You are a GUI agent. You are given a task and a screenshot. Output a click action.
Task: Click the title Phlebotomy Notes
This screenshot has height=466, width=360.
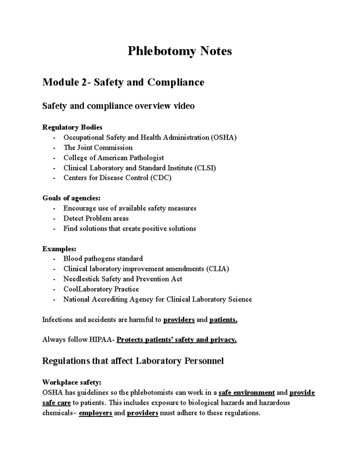(x=180, y=51)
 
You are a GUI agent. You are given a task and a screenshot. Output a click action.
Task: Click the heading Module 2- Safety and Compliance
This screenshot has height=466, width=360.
(x=123, y=82)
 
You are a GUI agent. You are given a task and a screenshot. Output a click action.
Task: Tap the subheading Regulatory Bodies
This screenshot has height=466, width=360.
(x=72, y=128)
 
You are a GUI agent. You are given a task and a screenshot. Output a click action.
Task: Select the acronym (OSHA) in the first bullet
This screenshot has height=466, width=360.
(x=223, y=138)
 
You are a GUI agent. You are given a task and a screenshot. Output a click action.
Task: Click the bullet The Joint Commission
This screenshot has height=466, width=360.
(x=98, y=148)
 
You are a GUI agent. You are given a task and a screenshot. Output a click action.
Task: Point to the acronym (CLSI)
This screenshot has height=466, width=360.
(x=205, y=168)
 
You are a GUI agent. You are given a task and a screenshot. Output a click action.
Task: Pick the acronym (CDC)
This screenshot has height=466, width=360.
(x=161, y=178)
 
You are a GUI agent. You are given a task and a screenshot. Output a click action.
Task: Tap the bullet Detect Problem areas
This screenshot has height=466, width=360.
(x=96, y=218)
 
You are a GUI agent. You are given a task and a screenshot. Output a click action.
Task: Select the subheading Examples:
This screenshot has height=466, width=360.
(x=59, y=249)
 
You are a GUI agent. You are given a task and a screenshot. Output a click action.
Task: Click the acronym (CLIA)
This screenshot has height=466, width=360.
(x=217, y=269)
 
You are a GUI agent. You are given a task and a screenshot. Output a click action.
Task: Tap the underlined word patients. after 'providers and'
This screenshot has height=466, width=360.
(x=223, y=320)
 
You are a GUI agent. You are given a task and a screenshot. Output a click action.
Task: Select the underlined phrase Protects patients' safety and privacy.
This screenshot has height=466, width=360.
(x=176, y=340)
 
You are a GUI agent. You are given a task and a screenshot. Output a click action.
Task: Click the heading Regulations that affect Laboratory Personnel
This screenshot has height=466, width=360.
(x=133, y=361)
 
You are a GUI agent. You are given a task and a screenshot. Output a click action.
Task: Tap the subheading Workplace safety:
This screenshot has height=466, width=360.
(x=72, y=383)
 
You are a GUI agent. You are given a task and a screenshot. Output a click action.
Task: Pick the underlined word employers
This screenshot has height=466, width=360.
(x=95, y=413)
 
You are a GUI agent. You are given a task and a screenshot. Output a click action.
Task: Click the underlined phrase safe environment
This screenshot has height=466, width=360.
(x=247, y=393)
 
